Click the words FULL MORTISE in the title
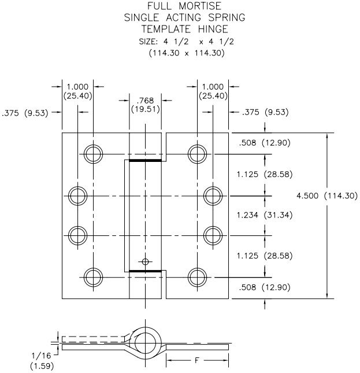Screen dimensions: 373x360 (184, 6)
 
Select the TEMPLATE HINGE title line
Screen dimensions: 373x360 (184, 28)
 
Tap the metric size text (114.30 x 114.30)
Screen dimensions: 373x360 (184, 52)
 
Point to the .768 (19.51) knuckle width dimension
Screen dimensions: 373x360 (145, 104)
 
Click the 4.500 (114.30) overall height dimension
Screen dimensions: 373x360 (326, 196)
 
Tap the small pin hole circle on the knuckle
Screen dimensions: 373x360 (145, 261)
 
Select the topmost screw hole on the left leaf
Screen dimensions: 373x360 (92, 154)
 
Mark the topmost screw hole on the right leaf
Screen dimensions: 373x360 (198, 154)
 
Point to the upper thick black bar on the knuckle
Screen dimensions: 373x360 (145, 161)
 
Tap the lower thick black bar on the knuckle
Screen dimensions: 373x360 (145, 271)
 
